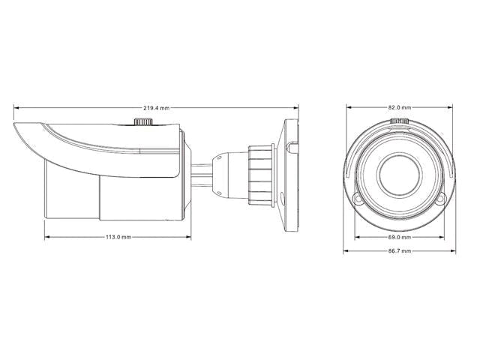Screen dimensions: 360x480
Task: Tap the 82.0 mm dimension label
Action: (x=399, y=109)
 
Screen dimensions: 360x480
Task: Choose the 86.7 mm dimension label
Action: (x=399, y=251)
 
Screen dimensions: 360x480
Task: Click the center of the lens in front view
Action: (x=400, y=173)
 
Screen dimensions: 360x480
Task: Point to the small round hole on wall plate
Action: (x=283, y=200)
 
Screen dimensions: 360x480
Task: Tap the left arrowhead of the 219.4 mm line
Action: (x=16, y=109)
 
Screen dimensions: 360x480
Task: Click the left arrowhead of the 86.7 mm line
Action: (x=346, y=251)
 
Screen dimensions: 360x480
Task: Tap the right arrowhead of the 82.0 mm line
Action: (x=452, y=109)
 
